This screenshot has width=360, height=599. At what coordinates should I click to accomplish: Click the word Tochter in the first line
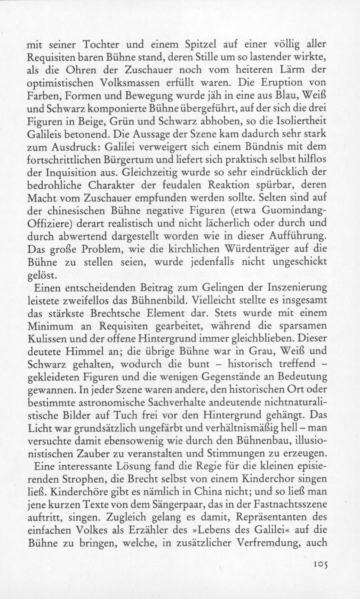click(103, 44)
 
